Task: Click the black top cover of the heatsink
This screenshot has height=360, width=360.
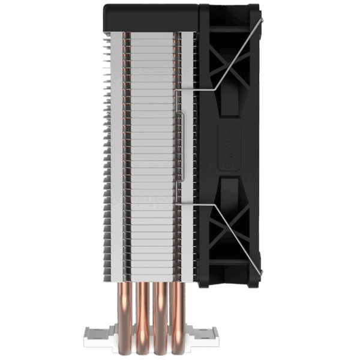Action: tap(153, 16)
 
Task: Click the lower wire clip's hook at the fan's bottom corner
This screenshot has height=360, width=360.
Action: tap(260, 273)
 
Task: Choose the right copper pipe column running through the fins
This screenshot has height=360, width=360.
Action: tap(178, 150)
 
